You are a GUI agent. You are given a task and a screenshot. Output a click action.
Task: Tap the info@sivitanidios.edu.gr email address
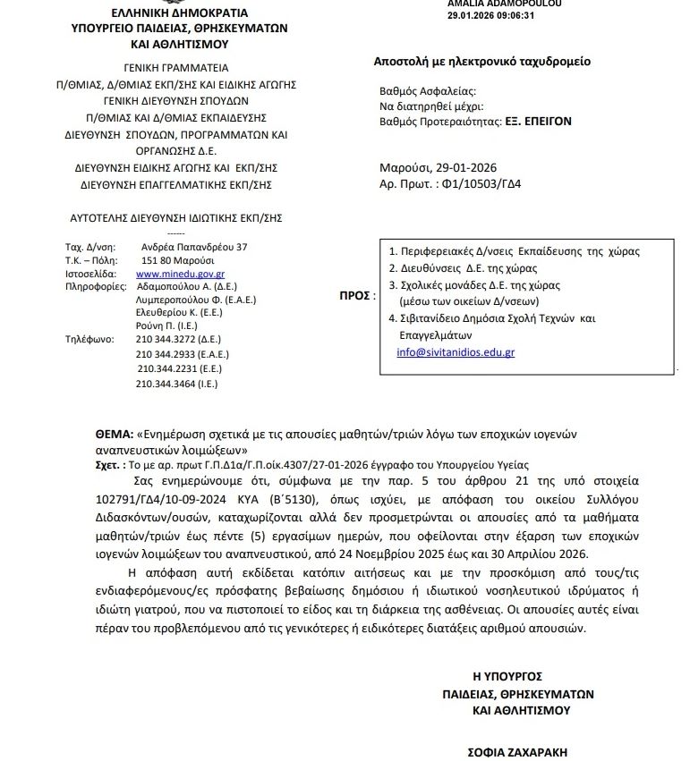click(456, 352)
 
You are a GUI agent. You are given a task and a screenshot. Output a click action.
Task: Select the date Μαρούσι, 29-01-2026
click(436, 167)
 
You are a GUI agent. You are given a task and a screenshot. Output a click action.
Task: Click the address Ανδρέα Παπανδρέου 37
click(194, 246)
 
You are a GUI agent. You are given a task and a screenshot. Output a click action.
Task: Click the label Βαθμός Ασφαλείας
click(428, 91)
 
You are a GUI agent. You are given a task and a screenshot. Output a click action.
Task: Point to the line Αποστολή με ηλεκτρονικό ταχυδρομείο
click(481, 62)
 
